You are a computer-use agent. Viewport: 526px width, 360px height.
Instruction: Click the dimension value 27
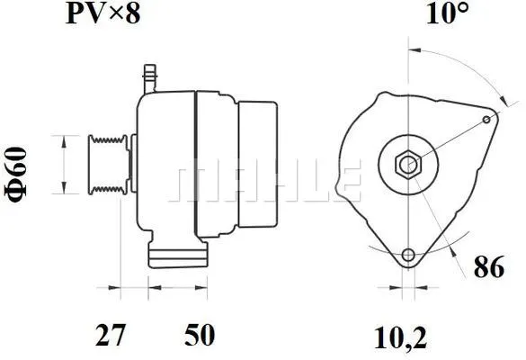tap(110, 336)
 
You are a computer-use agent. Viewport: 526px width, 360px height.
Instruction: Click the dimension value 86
tap(490, 267)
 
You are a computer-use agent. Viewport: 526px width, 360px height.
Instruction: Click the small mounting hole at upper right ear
tap(487, 119)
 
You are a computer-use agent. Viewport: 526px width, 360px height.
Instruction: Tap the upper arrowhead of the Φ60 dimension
tap(63, 139)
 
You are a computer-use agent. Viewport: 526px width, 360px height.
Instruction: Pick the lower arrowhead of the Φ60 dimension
tap(63, 191)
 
